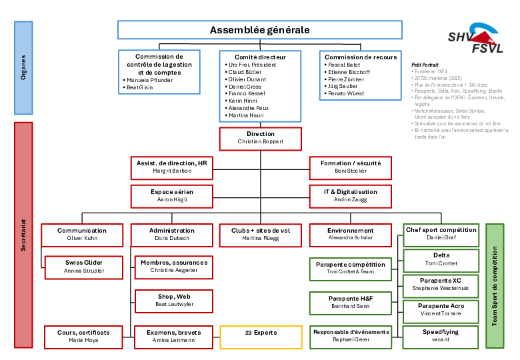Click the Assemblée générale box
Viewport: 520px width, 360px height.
tap(259, 30)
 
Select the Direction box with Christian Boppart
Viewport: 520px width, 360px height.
tap(260, 138)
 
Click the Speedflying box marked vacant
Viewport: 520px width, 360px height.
tap(441, 335)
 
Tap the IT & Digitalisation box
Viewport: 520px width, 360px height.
tap(350, 195)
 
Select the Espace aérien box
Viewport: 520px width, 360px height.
tap(171, 195)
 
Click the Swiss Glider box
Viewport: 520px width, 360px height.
tap(83, 267)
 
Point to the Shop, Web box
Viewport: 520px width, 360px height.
tap(173, 300)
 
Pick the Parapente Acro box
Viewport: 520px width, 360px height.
tap(441, 309)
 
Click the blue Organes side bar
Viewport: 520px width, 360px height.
tap(23, 67)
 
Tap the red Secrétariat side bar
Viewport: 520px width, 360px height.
tap(23, 235)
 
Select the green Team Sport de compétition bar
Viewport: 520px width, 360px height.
tap(495, 286)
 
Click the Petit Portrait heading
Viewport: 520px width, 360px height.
tap(425, 65)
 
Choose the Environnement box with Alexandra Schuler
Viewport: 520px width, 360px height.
tap(350, 234)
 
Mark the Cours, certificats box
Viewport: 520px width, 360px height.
tap(83, 336)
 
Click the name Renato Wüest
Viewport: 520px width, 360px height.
tap(345, 94)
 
